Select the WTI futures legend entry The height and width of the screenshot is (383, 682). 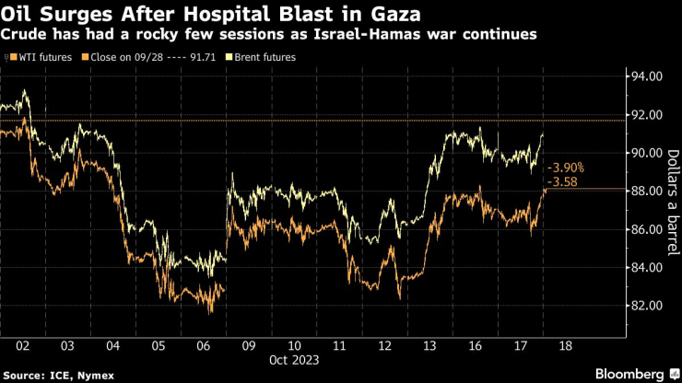click(40, 57)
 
